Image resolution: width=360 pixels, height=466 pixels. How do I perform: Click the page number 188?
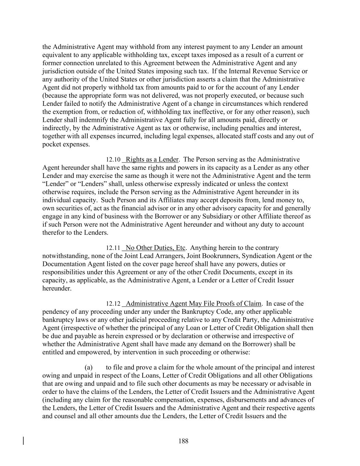point(183,441)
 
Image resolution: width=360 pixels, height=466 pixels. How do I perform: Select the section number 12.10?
point(113,160)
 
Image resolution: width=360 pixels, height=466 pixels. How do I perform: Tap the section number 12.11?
point(113,248)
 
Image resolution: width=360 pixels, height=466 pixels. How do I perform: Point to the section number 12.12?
point(113,304)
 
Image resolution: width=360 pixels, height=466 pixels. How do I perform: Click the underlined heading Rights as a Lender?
point(152,159)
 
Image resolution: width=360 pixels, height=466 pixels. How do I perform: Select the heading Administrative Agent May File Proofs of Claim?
point(193,303)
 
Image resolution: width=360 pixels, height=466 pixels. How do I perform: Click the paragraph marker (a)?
point(89,368)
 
